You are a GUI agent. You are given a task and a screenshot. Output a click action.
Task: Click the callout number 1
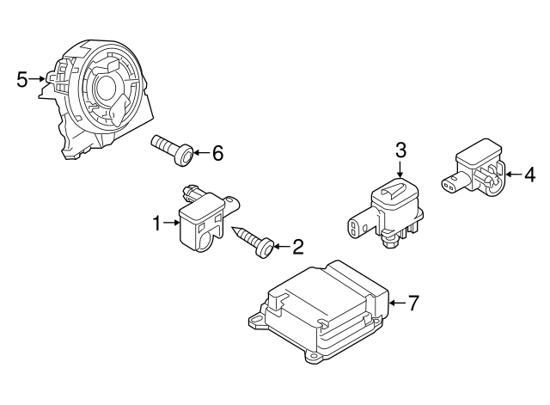(x=157, y=224)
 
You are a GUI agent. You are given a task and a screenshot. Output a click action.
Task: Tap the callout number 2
(x=297, y=249)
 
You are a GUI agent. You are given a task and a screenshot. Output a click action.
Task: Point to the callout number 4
(x=529, y=175)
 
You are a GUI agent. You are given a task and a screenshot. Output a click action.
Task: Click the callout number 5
(x=23, y=79)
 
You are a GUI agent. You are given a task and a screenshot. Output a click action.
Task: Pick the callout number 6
(x=217, y=154)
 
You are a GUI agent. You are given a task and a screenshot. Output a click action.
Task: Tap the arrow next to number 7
(x=395, y=303)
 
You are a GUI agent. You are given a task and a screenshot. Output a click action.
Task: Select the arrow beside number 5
(x=40, y=79)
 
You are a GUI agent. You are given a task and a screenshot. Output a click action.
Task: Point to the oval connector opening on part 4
(x=448, y=182)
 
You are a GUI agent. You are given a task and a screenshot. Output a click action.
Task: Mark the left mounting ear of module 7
(x=256, y=324)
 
